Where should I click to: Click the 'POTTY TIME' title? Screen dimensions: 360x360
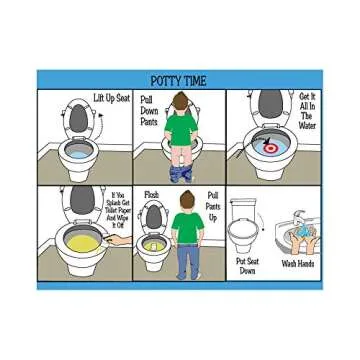(179, 82)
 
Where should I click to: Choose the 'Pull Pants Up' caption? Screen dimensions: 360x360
(210, 205)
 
